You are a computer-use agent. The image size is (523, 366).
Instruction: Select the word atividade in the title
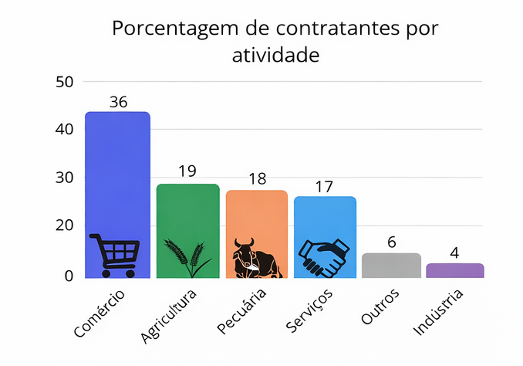275,55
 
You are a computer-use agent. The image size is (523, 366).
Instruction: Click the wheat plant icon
187,258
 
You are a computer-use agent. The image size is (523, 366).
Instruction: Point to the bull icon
256,258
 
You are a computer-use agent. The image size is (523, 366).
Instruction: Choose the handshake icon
324,258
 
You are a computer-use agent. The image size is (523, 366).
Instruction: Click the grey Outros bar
392,265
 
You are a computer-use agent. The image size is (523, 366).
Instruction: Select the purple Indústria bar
455,270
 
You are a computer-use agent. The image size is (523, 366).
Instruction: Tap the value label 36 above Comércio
118,102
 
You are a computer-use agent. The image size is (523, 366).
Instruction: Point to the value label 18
257,178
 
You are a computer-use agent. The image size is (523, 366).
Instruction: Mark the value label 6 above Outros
392,242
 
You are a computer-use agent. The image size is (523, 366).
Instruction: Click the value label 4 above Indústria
455,252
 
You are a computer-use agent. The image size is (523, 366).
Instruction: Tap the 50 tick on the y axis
64,81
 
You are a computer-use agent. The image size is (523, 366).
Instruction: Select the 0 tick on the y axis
69,276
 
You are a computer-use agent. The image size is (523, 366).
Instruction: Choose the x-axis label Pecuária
241,312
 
